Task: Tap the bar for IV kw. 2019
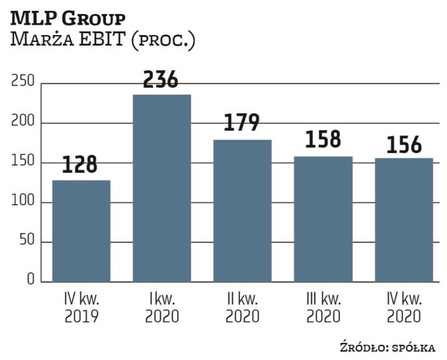pos(81,231)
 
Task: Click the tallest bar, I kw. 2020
pos(162,188)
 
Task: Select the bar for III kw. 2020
pos(323,219)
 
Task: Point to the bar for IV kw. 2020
pos(404,220)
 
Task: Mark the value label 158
pos(323,140)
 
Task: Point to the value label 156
pos(404,145)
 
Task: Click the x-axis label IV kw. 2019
pos(81,308)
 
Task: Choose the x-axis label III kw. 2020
pos(323,308)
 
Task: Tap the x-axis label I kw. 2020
pos(162,308)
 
